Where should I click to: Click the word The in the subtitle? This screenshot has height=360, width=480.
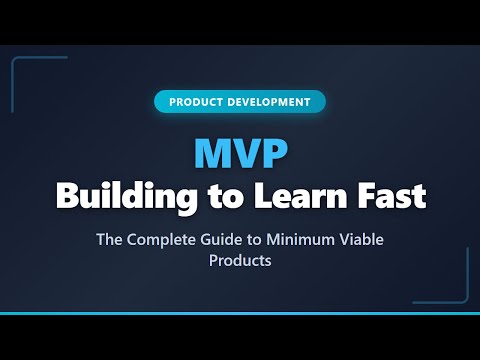109,240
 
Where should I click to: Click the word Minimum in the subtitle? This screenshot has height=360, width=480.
304,240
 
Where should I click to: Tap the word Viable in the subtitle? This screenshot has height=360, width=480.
363,240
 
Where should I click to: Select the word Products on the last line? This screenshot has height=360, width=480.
240,261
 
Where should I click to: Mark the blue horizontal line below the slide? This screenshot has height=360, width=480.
240,314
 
